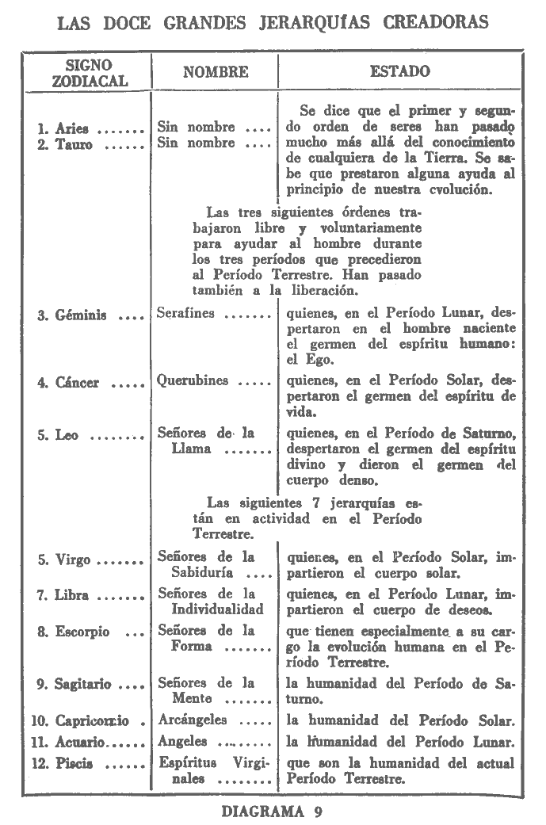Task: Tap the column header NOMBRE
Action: pos(216,72)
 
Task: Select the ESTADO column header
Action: pos(399,71)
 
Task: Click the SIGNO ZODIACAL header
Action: pos(88,72)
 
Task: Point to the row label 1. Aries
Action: pos(66,128)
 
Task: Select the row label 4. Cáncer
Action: pos(71,383)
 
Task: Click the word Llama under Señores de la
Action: pos(192,449)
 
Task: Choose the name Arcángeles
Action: pos(193,720)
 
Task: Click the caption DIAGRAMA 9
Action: pos(272,811)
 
